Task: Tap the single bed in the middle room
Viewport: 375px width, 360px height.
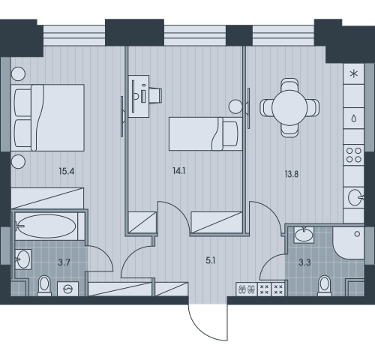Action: coord(199,133)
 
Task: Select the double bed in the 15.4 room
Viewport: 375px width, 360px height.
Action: coord(48,116)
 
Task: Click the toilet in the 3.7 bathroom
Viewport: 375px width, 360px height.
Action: coord(43,285)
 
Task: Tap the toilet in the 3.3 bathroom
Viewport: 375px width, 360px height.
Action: coord(325,285)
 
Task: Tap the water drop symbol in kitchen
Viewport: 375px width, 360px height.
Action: coord(352,118)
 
